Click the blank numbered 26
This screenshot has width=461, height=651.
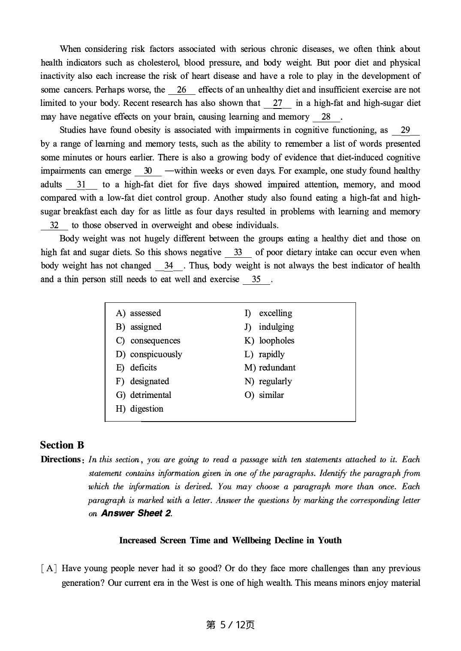pyautogui.click(x=182, y=90)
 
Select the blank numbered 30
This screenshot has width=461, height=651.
pyautogui.click(x=148, y=171)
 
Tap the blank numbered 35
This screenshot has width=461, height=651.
pyautogui.click(x=256, y=280)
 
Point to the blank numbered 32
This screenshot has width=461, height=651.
pyautogui.click(x=54, y=226)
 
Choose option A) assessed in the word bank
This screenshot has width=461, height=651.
pyautogui.click(x=139, y=313)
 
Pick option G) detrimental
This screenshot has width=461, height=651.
pyautogui.click(x=143, y=395)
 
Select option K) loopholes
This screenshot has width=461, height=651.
pyautogui.click(x=269, y=341)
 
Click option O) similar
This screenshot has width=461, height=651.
pyautogui.click(x=264, y=395)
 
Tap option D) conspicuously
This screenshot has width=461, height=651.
pyautogui.click(x=149, y=354)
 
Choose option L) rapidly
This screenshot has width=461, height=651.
pyautogui.click(x=265, y=354)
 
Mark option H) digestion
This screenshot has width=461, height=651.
pyautogui.click(x=139, y=409)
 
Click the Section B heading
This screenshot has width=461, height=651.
pyautogui.click(x=62, y=445)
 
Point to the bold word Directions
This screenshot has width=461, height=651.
pyautogui.click(x=60, y=459)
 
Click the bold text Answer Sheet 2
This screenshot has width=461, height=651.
pyautogui.click(x=136, y=513)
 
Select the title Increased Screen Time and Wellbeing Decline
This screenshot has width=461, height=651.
pyautogui.click(x=230, y=540)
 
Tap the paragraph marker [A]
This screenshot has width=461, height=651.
pyautogui.click(x=49, y=569)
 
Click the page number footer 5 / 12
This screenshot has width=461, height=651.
pyautogui.click(x=230, y=625)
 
